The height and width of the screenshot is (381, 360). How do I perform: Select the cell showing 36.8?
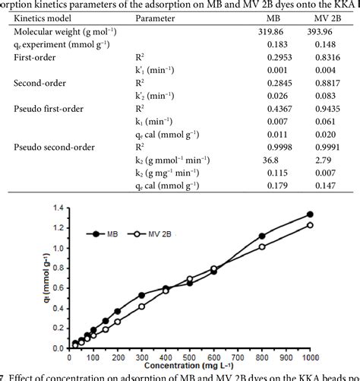(271, 160)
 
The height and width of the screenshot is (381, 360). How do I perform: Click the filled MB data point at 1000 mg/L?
(309, 214)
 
